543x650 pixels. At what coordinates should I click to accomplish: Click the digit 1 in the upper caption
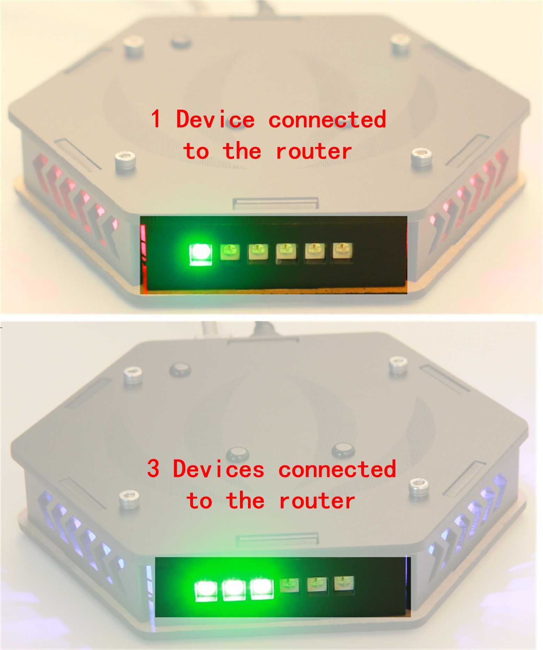tap(156, 119)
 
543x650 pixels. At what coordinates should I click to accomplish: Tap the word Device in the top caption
tap(215, 119)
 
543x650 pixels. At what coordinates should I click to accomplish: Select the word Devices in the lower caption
tap(218, 469)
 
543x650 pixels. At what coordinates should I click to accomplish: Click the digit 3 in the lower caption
tap(153, 469)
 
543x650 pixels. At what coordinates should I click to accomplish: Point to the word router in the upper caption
tap(313, 151)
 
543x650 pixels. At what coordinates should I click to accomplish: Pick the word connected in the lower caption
tap(337, 469)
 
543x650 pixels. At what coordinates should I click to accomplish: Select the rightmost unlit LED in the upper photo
tap(342, 250)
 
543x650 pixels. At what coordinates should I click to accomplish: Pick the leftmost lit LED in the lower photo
tap(206, 590)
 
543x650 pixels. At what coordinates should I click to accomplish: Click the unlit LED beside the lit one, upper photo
tap(230, 252)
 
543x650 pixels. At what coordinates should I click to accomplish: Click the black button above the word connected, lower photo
tap(343, 450)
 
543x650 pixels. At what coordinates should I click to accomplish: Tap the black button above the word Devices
tap(238, 454)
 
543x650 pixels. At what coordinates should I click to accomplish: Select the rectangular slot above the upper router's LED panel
tap(276, 203)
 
